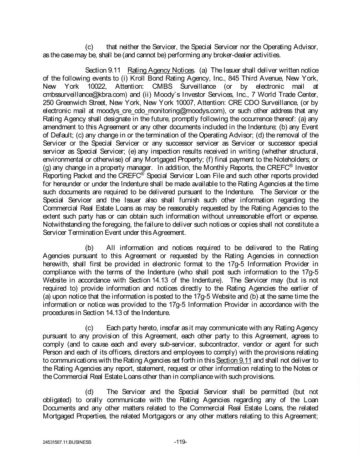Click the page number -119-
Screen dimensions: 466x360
(x=181, y=441)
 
